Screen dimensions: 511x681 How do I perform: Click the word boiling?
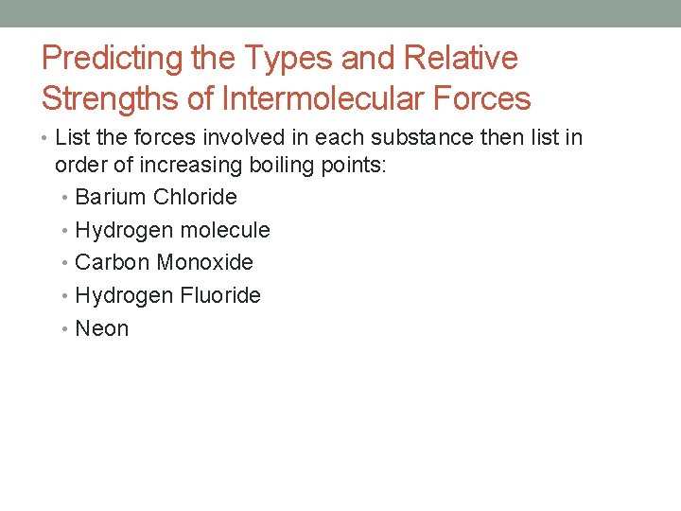click(285, 165)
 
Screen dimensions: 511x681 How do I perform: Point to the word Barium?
click(111, 198)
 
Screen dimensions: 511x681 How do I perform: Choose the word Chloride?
click(195, 198)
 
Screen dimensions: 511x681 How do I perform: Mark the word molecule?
click(225, 230)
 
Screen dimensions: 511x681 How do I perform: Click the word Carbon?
click(113, 262)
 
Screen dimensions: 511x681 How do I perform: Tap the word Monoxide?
click(205, 262)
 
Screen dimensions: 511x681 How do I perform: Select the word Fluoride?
click(220, 295)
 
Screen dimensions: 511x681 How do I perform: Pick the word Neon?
click(101, 328)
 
